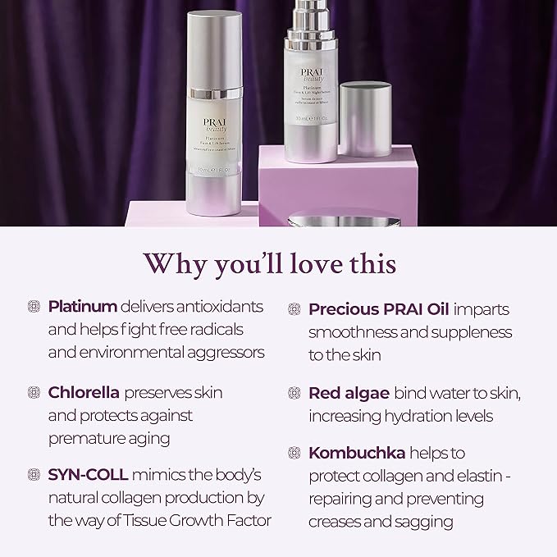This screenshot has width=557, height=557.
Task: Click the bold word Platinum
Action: tap(83, 306)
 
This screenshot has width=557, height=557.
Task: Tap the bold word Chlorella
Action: tap(84, 392)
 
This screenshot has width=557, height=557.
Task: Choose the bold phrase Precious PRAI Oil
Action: tap(380, 308)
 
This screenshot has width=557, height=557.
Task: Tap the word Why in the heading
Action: tap(172, 264)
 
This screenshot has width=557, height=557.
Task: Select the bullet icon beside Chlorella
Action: tap(34, 392)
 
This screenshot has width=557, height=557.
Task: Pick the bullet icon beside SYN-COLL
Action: tap(34, 474)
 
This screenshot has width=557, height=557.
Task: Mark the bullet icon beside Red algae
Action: tap(294, 392)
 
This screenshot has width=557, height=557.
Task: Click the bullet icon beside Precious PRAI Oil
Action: tap(294, 309)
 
